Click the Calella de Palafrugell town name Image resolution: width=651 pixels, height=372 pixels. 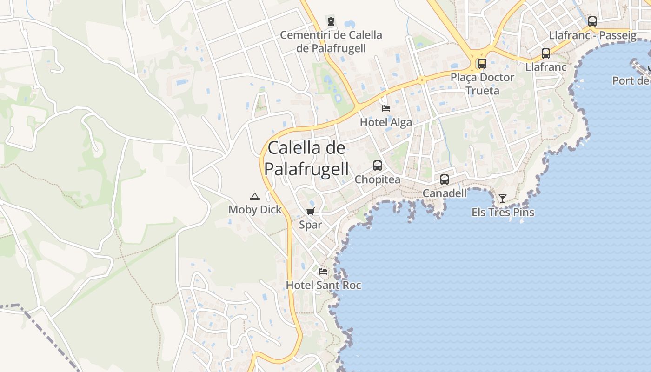pos(308,159)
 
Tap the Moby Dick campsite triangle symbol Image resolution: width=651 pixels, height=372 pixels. pos(254,197)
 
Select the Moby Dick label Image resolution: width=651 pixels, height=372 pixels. pos(255,210)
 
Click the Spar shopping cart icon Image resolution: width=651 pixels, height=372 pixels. pos(310,212)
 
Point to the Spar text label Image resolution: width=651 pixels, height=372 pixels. pos(310,225)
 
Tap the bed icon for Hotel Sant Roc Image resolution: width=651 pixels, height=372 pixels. pos(323,272)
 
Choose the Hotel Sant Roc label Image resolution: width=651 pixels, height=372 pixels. pos(323,285)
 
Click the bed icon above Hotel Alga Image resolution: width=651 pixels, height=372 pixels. pos(386,108)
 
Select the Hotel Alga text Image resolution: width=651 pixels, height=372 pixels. pos(386,122)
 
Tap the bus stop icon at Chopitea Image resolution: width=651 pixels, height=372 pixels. pos(378,166)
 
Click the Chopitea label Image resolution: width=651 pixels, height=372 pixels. pos(378,179)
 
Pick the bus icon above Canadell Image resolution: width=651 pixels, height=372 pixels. pos(445,179)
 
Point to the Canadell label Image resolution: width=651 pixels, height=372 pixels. pos(445,193)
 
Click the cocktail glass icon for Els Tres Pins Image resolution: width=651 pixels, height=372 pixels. pos(503,199)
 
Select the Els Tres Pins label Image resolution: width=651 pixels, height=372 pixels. pos(503,213)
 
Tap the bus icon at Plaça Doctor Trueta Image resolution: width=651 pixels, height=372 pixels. pos(482,64)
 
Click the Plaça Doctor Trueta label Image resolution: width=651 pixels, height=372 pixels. pos(482,84)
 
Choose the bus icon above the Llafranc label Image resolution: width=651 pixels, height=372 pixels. pos(546,53)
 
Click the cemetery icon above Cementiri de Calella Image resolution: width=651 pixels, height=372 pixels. pos(331,21)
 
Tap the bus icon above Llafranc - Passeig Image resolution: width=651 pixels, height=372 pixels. pos(592,21)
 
